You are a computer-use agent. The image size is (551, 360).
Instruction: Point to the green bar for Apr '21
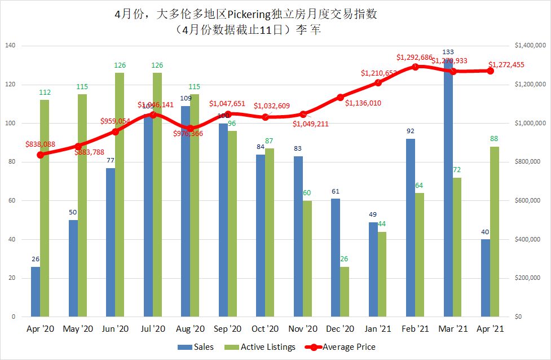[495, 231]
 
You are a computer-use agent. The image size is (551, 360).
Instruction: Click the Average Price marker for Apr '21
[491, 71]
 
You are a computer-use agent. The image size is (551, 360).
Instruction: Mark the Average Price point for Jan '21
[378, 82]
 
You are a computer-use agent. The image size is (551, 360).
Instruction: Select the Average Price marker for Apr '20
[40, 155]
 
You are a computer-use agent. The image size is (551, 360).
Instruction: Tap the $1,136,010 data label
[363, 103]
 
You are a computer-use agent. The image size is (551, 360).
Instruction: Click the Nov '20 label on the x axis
[303, 328]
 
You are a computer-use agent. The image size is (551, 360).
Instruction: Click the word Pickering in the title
[253, 14]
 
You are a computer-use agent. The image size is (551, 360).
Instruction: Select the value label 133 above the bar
[448, 52]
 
